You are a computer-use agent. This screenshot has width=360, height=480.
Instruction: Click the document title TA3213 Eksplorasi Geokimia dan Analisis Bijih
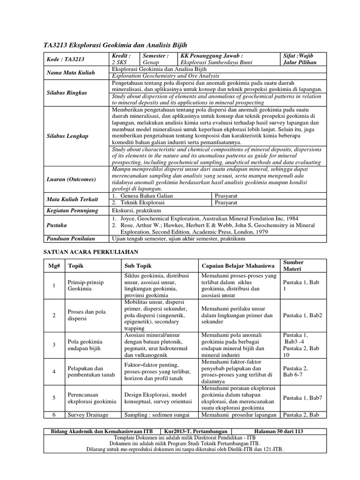pyautogui.click(x=115, y=45)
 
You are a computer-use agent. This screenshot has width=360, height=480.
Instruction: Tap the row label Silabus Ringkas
pyautogui.click(x=67, y=92)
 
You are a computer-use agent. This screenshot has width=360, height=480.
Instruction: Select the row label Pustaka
pyautogui.click(x=58, y=225)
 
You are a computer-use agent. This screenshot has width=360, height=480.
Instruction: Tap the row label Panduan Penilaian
pyautogui.click(x=71, y=239)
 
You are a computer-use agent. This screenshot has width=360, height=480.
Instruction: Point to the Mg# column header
pyautogui.click(x=54, y=265)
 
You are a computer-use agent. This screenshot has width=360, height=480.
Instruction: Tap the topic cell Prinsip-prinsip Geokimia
pyautogui.click(x=85, y=286)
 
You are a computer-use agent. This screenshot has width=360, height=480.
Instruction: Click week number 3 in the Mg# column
pyautogui.click(x=54, y=345)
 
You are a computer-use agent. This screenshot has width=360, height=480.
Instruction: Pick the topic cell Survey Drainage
pyautogui.click(x=88, y=415)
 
